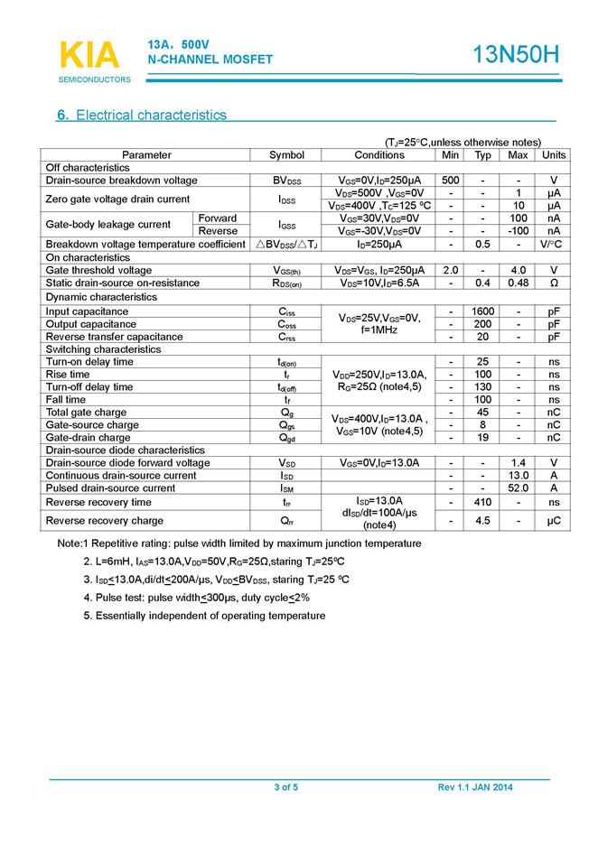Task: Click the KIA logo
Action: click(x=89, y=55)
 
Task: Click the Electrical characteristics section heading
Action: click(x=142, y=116)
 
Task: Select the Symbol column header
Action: click(x=287, y=155)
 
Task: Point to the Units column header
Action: click(x=554, y=155)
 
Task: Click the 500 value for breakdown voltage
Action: click(x=451, y=181)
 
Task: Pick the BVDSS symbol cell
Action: click(x=287, y=181)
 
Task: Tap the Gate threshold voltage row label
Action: click(x=98, y=270)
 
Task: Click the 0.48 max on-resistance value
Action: click(x=518, y=283)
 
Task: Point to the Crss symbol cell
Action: click(x=287, y=337)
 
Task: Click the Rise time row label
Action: click(x=68, y=375)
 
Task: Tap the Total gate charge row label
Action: click(x=86, y=413)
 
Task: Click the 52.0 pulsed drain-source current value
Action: click(x=518, y=488)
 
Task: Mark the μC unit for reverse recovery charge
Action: click(x=554, y=521)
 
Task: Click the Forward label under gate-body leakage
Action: click(x=218, y=218)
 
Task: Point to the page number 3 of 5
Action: click(x=285, y=788)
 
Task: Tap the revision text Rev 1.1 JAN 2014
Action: click(x=475, y=788)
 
